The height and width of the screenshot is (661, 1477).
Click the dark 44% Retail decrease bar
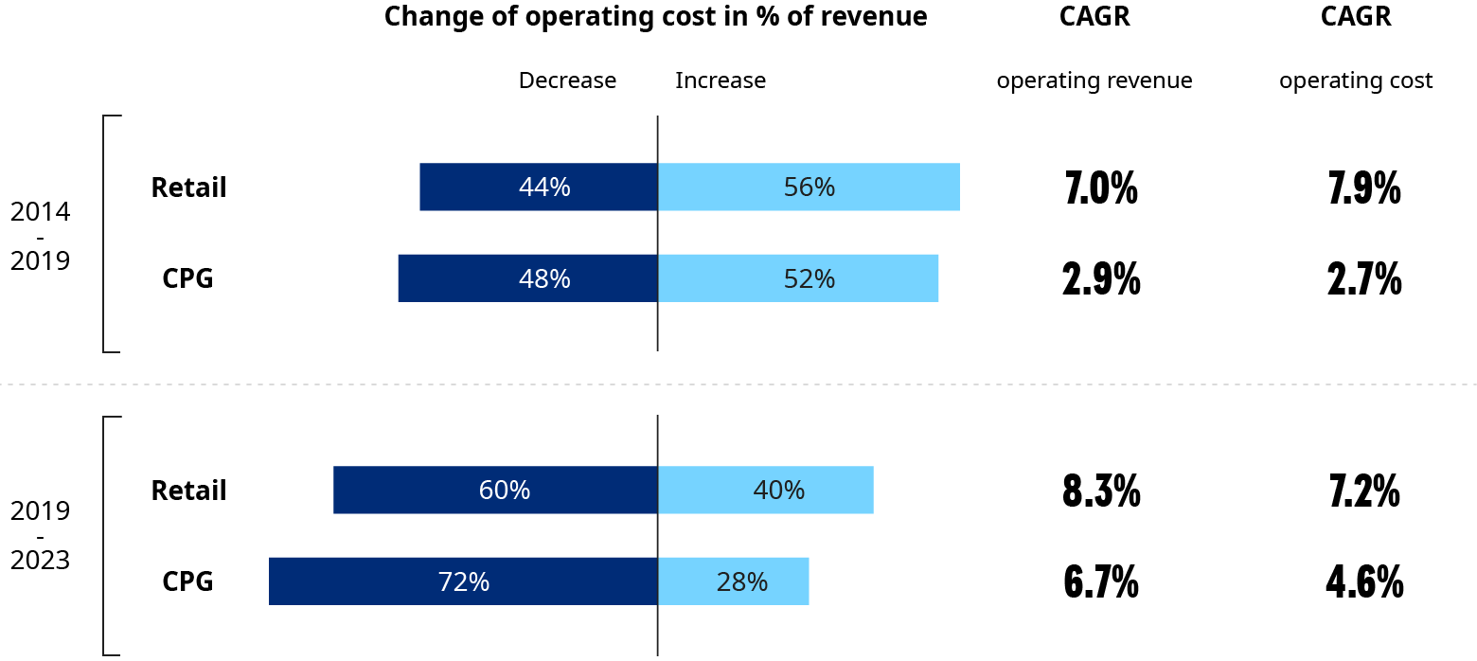[538, 187]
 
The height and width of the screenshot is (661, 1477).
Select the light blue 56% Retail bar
[809, 187]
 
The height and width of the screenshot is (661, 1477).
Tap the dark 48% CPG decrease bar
[527, 278]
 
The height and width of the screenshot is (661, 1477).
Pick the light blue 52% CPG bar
[797, 278]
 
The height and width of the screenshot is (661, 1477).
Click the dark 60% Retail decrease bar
[495, 490]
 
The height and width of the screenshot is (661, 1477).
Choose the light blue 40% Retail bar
[765, 490]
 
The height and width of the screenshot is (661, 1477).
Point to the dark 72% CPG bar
[463, 581]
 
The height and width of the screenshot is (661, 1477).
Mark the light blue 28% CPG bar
[733, 581]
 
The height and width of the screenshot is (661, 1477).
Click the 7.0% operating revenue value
[1101, 188]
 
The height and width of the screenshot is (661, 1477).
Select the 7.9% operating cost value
[1363, 188]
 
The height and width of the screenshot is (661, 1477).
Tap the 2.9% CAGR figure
[1101, 279]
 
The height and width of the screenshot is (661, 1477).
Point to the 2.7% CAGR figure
[1363, 279]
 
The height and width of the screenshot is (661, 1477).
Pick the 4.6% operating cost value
[1363, 582]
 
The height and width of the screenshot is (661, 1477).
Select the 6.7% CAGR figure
[1101, 582]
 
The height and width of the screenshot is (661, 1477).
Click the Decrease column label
[567, 80]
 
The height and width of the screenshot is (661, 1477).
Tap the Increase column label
[721, 80]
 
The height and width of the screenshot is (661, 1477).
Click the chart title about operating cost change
[655, 17]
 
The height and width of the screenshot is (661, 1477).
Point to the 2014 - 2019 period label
[40, 236]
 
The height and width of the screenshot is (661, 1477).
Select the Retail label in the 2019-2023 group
[188, 491]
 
